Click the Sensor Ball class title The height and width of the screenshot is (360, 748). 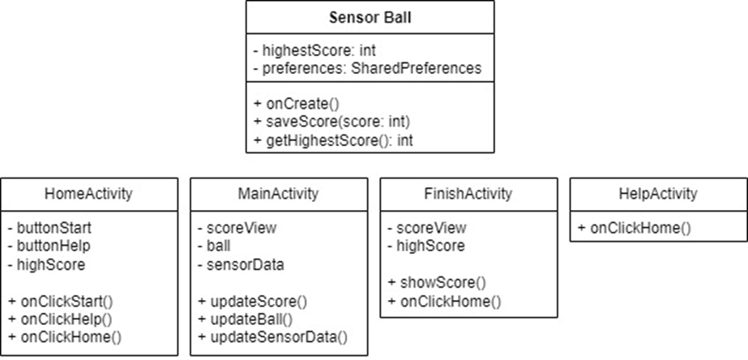click(370, 18)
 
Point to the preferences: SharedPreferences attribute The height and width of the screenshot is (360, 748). click(366, 68)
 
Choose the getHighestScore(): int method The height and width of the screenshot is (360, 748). click(340, 139)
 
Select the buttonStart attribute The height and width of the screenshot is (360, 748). click(49, 228)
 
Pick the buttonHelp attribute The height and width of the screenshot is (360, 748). click(49, 246)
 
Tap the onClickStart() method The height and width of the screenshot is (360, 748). click(60, 301)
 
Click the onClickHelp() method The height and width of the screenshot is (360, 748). click(59, 319)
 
